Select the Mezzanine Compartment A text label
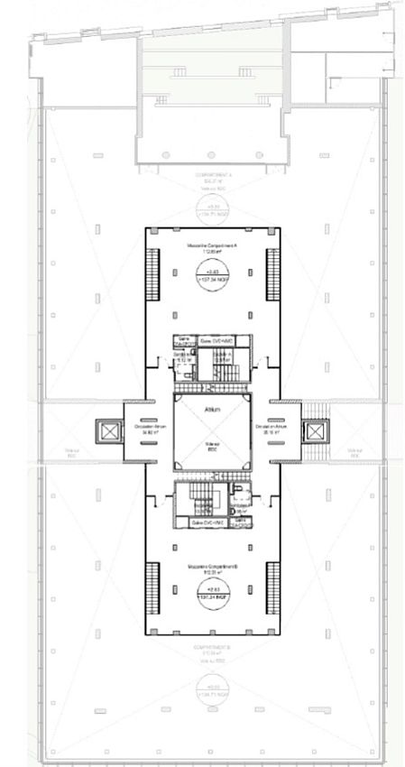click(213, 246)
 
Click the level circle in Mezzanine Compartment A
click(213, 273)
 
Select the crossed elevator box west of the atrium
click(110, 432)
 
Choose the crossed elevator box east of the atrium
click(315, 432)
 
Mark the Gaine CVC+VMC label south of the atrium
click(208, 522)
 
